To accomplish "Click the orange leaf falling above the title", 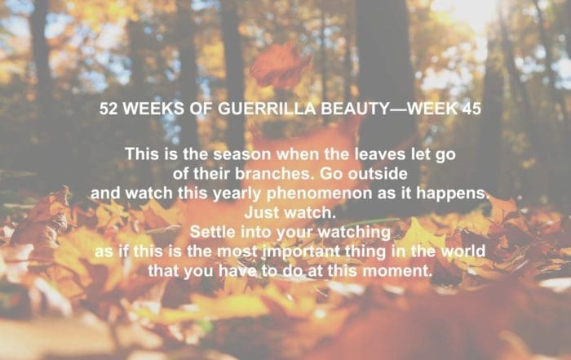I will coord(280,64).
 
